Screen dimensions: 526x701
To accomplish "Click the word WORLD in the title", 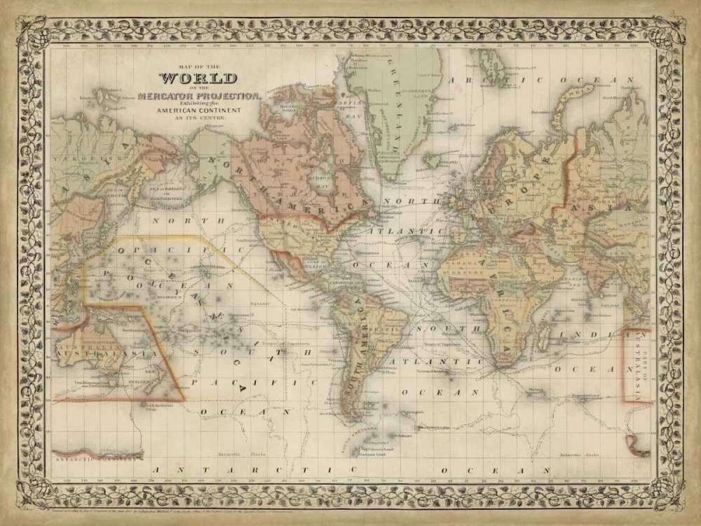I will pyautogui.click(x=198, y=79).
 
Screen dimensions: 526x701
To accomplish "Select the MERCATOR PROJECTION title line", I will pyautogui.click(x=199, y=95).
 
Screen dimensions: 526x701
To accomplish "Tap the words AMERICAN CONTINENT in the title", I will pyautogui.click(x=199, y=111).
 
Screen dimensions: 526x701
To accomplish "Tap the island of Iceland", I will pyautogui.click(x=435, y=161).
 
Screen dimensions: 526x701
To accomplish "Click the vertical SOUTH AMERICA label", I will pyautogui.click(x=358, y=337).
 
